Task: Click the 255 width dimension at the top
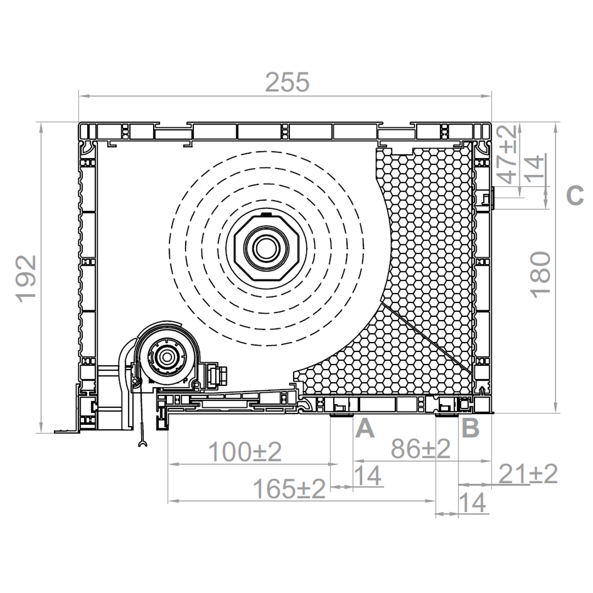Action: (x=287, y=82)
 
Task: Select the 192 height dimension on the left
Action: (x=26, y=279)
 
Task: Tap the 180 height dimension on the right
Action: (x=541, y=275)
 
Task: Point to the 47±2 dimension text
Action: (x=507, y=154)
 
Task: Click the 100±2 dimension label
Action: (x=245, y=451)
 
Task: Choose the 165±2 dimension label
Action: (x=289, y=489)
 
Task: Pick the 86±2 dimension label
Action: (x=421, y=449)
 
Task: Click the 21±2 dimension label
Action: (x=528, y=474)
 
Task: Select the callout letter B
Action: (x=471, y=428)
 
